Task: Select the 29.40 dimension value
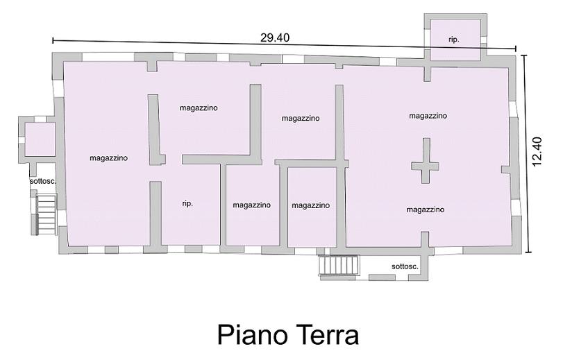click(275, 37)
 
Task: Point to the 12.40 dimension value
click(537, 151)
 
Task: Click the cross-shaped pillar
click(426, 161)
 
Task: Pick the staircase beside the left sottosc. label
click(47, 214)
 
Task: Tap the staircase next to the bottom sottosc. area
click(339, 266)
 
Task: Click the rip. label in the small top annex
click(454, 40)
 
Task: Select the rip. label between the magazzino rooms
click(187, 203)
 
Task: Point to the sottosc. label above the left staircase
click(43, 181)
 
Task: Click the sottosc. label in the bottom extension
click(405, 266)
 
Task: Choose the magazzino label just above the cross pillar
click(428, 116)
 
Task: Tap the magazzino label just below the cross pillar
click(425, 209)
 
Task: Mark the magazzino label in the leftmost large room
click(108, 158)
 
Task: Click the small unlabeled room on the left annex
click(40, 139)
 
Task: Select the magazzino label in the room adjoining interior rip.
click(251, 205)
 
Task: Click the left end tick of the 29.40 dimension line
click(53, 40)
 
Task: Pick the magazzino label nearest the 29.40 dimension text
click(199, 108)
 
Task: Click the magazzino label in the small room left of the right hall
click(310, 205)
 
